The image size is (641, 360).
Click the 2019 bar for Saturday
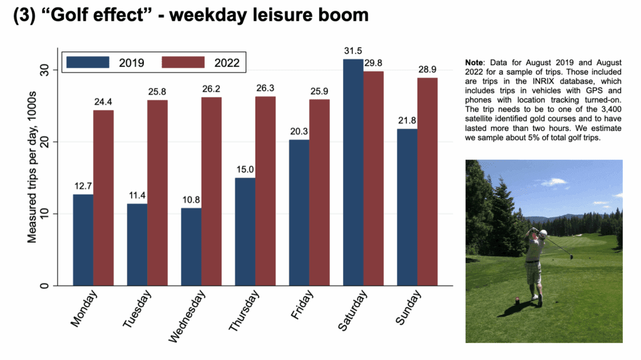point(353,172)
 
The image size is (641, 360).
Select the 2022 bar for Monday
point(103,198)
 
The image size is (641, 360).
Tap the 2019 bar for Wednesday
point(191,247)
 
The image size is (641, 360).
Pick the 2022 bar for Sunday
point(428,182)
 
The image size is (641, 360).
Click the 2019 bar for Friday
point(299,213)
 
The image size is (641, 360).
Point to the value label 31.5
point(353,51)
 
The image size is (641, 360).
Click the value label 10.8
point(191,200)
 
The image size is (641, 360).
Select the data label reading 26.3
point(265,88)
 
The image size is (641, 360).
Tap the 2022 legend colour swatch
point(183,63)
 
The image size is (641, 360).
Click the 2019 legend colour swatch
point(88,63)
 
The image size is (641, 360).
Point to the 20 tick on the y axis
point(44,142)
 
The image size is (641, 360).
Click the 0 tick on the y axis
point(44,286)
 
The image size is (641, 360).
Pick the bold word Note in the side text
point(476,63)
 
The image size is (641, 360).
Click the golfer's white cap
point(543,233)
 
